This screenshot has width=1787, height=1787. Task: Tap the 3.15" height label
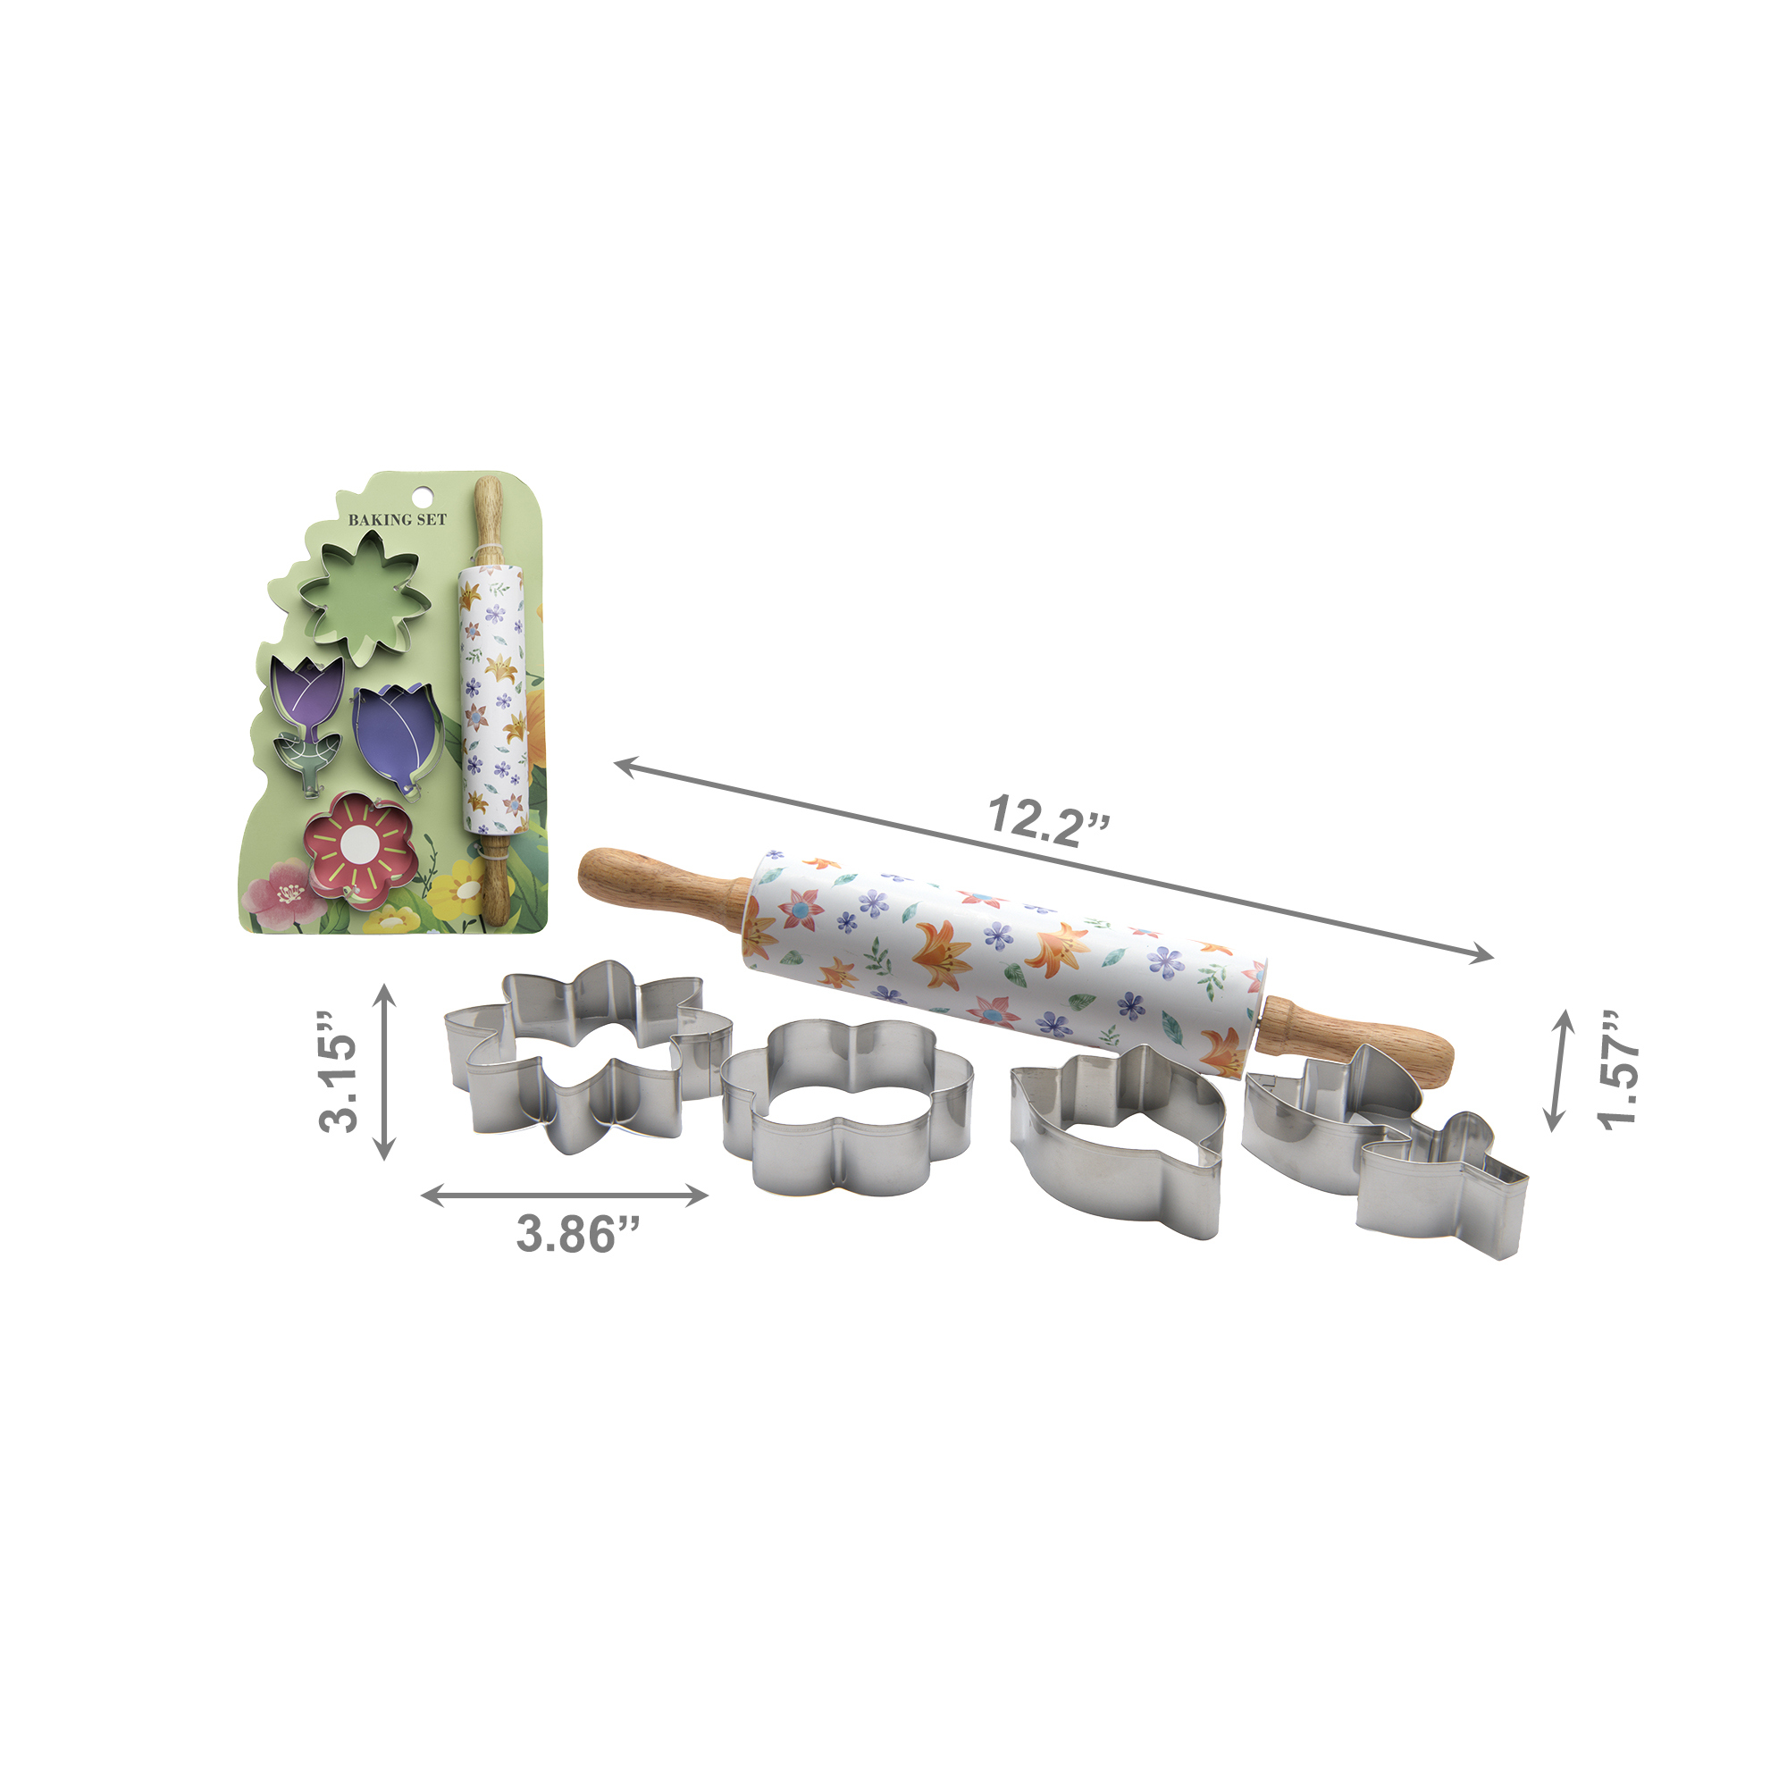tap(339, 1072)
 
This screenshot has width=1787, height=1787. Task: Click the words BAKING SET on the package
tap(397, 520)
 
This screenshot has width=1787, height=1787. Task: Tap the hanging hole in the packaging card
tap(423, 496)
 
